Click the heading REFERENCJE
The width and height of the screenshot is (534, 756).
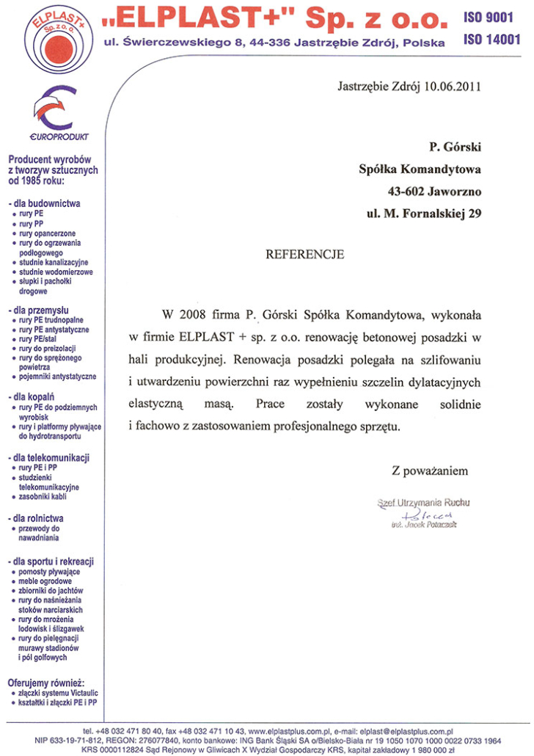point(304,255)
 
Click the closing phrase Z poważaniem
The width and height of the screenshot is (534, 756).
point(430,470)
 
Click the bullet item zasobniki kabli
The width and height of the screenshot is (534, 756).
point(48,497)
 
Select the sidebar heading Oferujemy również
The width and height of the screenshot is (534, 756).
point(47,683)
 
